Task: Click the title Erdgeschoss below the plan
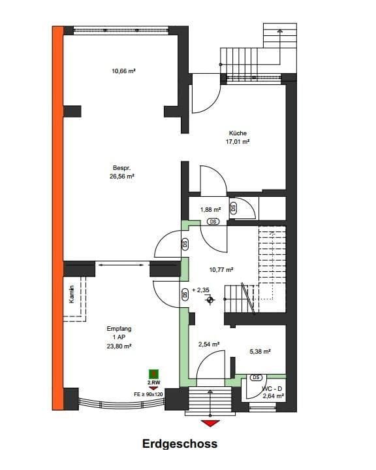pos(180,444)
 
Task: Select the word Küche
pos(238,133)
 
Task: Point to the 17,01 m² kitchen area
pos(238,141)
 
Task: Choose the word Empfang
pos(118,329)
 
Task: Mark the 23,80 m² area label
pos(119,345)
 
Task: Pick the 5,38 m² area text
pos(260,350)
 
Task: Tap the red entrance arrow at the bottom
pos(210,423)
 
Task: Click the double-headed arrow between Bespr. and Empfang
pos(123,265)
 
